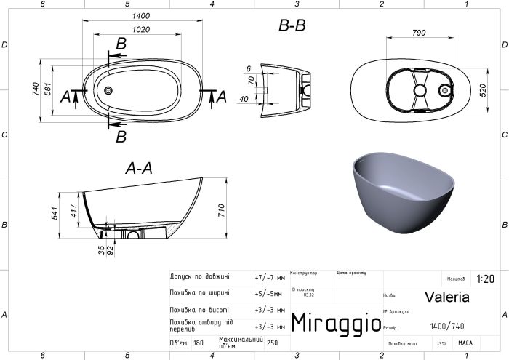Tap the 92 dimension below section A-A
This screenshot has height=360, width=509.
(x=110, y=249)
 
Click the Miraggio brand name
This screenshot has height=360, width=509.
(x=335, y=321)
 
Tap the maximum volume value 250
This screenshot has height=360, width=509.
(x=273, y=343)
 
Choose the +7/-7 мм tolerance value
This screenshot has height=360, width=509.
(x=270, y=277)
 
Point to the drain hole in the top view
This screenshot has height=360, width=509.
(x=109, y=90)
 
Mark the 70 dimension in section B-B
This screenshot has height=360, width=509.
(x=251, y=81)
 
